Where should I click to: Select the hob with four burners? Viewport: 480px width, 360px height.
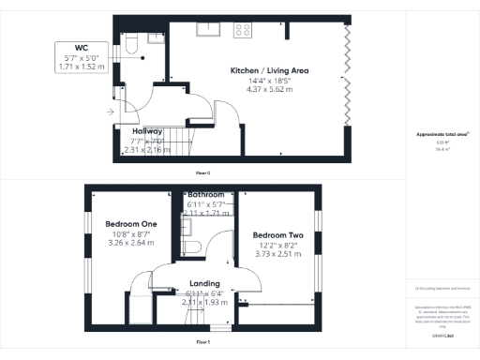tap(244, 29)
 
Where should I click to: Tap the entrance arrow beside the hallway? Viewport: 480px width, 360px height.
tap(112, 112)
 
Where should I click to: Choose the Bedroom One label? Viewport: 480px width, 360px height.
tap(130, 225)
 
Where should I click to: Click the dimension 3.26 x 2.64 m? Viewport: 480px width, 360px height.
tap(130, 245)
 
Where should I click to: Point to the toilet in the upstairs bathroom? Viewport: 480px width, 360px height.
tap(192, 245)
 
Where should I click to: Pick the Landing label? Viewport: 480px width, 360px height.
tap(204, 283)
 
